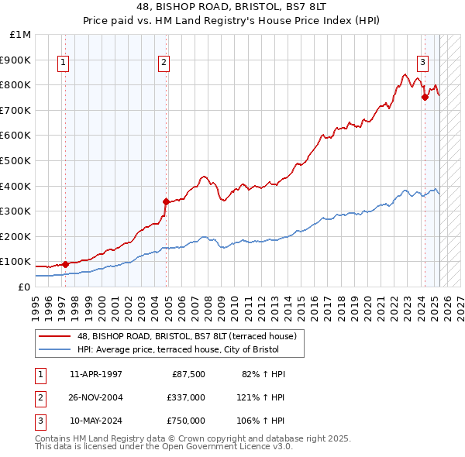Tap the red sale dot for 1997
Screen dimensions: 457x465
coord(65,264)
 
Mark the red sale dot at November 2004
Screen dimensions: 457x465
coord(166,201)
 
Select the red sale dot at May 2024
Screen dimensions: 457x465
coord(425,97)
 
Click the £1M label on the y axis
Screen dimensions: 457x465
coord(21,34)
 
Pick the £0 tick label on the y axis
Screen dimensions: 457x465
coord(24,287)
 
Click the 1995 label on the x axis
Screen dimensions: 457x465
coord(36,304)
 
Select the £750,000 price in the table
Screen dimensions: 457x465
coord(185,421)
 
